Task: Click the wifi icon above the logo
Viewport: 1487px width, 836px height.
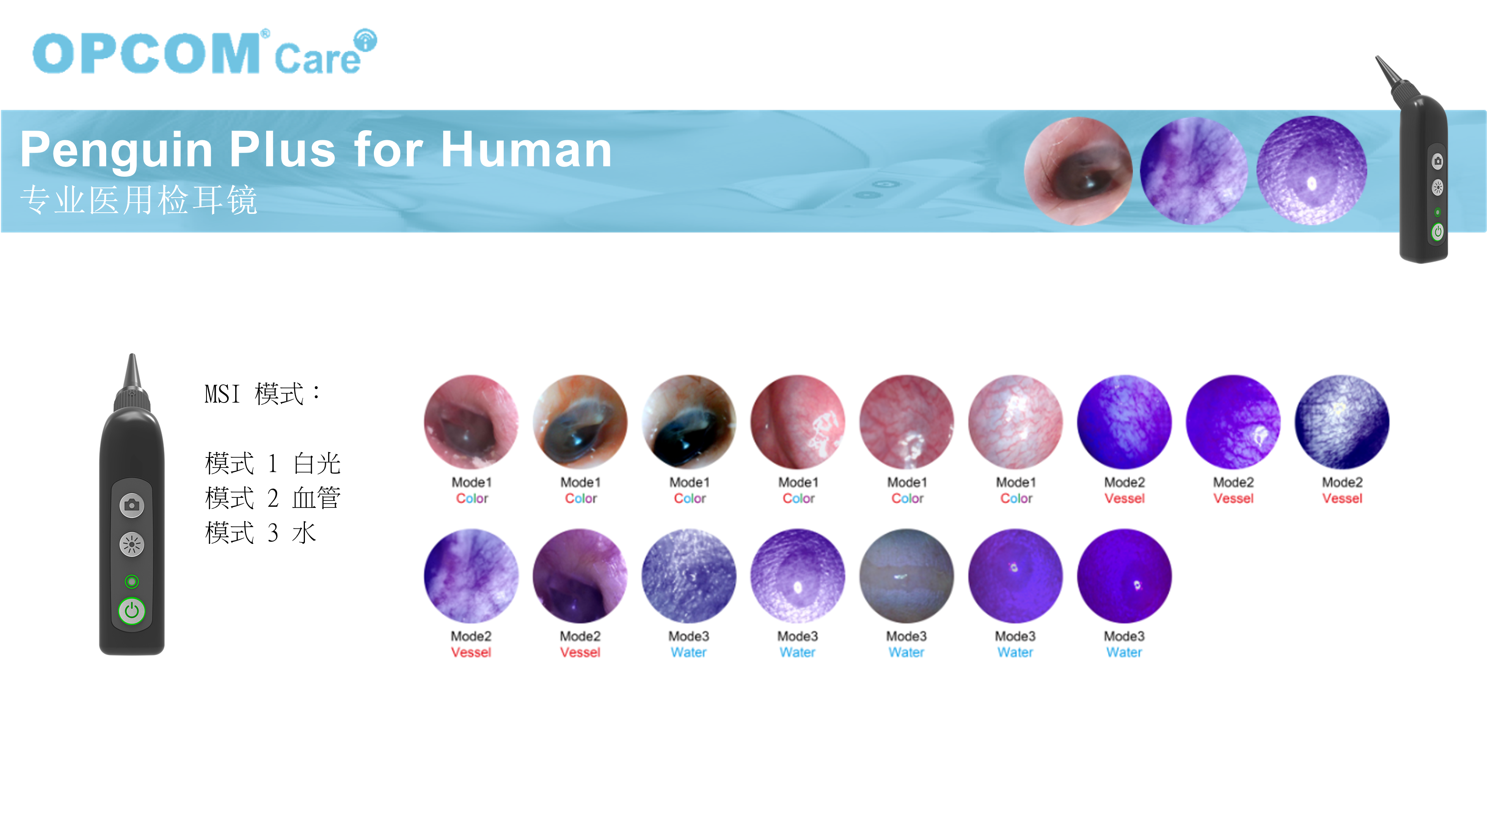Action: (x=365, y=40)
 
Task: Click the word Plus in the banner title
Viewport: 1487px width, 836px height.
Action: (x=282, y=149)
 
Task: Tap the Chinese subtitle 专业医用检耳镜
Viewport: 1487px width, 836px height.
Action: (x=139, y=200)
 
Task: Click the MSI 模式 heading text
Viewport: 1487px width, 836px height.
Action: (x=263, y=394)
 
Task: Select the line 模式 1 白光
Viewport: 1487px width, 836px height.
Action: (x=272, y=463)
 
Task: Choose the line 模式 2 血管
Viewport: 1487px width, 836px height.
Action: (x=272, y=498)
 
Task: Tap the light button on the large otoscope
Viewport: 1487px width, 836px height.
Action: (x=132, y=544)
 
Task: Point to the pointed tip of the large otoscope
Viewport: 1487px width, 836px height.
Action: (x=132, y=354)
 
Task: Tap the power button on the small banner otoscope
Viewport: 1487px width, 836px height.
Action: (x=1437, y=232)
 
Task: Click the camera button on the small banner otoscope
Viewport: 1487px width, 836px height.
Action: (x=1437, y=161)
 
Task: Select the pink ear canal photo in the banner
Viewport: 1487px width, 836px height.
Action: (x=1078, y=171)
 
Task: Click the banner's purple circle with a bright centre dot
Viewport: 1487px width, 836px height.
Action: (x=1311, y=171)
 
